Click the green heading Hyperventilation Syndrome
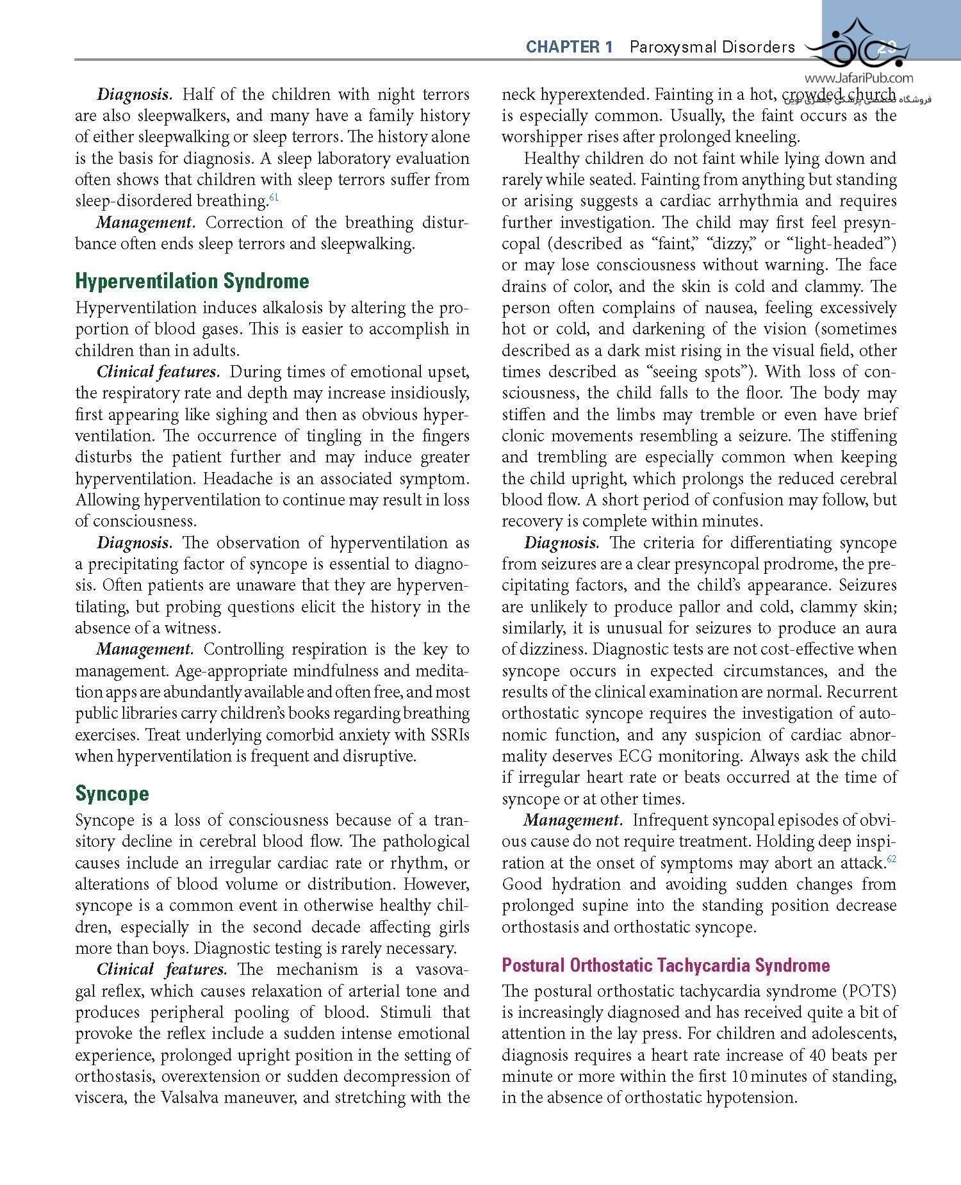click(x=192, y=281)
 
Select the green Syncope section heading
click(x=112, y=794)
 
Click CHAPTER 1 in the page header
click(x=569, y=47)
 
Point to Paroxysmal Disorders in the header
click(x=712, y=47)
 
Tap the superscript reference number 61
click(x=274, y=197)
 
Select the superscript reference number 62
click(x=891, y=859)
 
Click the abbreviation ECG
click(x=634, y=756)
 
